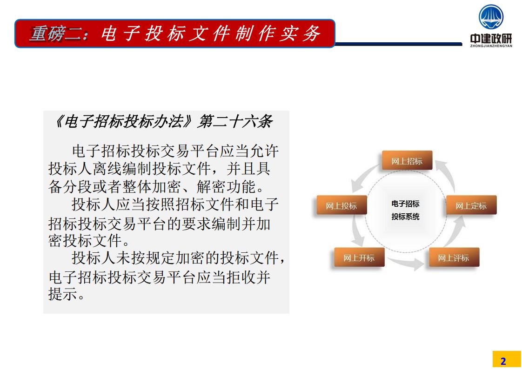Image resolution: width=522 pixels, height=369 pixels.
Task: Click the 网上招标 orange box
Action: pos(407,160)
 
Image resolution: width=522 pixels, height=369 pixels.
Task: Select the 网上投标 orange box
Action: pos(341,205)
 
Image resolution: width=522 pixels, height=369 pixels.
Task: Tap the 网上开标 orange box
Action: pos(359,257)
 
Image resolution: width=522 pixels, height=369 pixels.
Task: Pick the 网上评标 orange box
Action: pos(454,257)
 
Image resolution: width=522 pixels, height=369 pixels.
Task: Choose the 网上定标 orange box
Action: pos(471,205)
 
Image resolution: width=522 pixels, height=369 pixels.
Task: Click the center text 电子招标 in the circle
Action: pos(405,204)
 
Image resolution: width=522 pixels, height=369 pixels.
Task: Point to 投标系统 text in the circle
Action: pos(405,217)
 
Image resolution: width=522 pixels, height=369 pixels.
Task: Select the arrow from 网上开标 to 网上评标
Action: pos(407,264)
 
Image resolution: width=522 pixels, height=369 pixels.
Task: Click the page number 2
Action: pos(503,361)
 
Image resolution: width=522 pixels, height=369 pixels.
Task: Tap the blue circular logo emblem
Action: pos(491,17)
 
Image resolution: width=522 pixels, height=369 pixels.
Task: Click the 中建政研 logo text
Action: pos(491,38)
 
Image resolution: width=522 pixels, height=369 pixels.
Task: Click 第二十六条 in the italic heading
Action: pos(235,121)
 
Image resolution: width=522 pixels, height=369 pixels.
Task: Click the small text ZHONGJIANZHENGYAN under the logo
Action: pos(491,46)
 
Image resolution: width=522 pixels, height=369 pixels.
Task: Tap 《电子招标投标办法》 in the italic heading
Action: pos(123,121)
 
